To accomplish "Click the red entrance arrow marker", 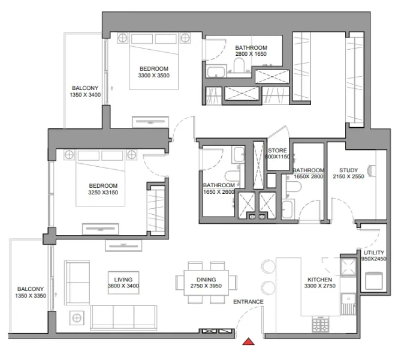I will tap(249, 342).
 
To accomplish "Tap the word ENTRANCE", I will tap(248, 302).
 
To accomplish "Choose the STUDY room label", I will tap(348, 170).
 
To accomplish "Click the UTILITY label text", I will tap(374, 253).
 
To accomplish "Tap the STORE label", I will tap(278, 151).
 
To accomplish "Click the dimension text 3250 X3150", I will tap(104, 194).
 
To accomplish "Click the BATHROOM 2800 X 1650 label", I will tap(251, 51).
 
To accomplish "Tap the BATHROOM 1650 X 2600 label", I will tap(218, 188).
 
